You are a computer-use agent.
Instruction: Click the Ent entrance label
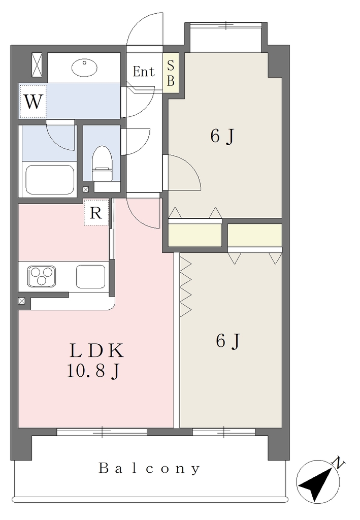[x=144, y=72]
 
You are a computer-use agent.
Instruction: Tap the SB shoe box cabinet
[x=171, y=73]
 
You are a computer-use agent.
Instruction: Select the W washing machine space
[x=33, y=101]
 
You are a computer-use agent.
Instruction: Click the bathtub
[x=50, y=179]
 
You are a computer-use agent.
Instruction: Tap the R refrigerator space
[x=96, y=213]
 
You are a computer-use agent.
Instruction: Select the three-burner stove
[x=42, y=276]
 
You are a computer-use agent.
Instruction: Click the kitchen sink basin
[x=91, y=277]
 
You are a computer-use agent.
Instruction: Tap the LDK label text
[x=96, y=351]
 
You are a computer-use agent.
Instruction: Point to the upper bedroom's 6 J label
[x=222, y=136]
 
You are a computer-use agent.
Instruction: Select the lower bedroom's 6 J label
[x=228, y=341]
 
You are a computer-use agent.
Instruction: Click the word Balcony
[x=149, y=469]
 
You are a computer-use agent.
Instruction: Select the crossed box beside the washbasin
[x=37, y=64]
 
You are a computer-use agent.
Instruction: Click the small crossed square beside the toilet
[x=86, y=189]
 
